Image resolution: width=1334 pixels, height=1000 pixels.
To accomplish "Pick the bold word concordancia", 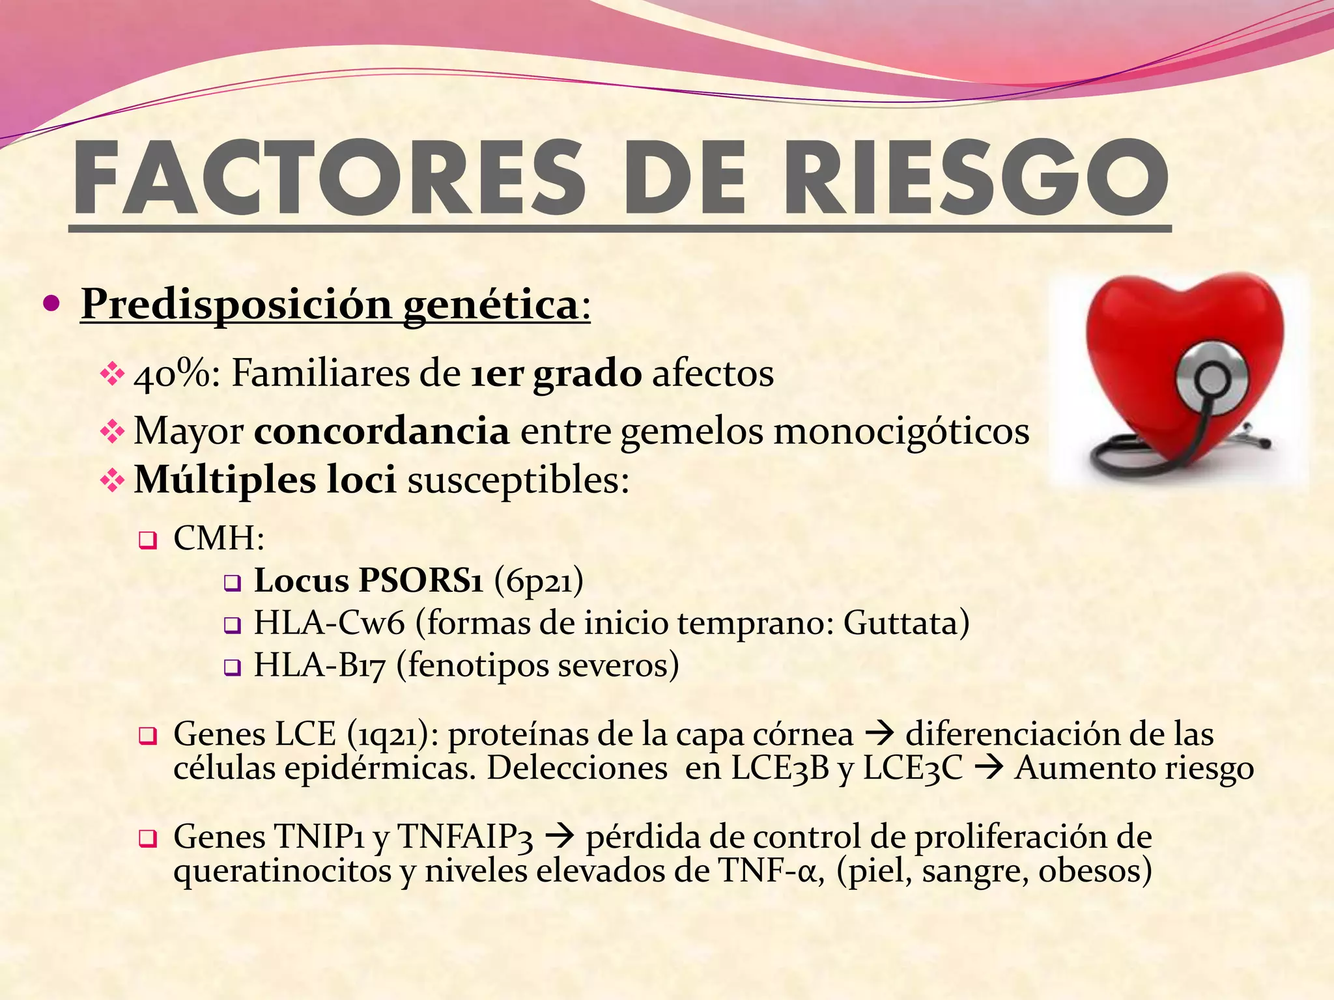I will tap(382, 431).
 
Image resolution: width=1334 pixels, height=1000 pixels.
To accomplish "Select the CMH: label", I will tap(219, 538).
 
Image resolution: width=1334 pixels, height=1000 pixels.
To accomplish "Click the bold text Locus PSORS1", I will tap(369, 581).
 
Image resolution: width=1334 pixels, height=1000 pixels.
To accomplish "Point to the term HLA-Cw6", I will tap(329, 623).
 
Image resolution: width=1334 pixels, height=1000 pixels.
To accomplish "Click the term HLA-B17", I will tap(320, 665).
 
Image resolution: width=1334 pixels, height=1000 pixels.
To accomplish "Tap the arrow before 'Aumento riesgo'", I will tap(988, 769).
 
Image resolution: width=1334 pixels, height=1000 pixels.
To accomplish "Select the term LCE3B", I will tap(780, 768).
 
